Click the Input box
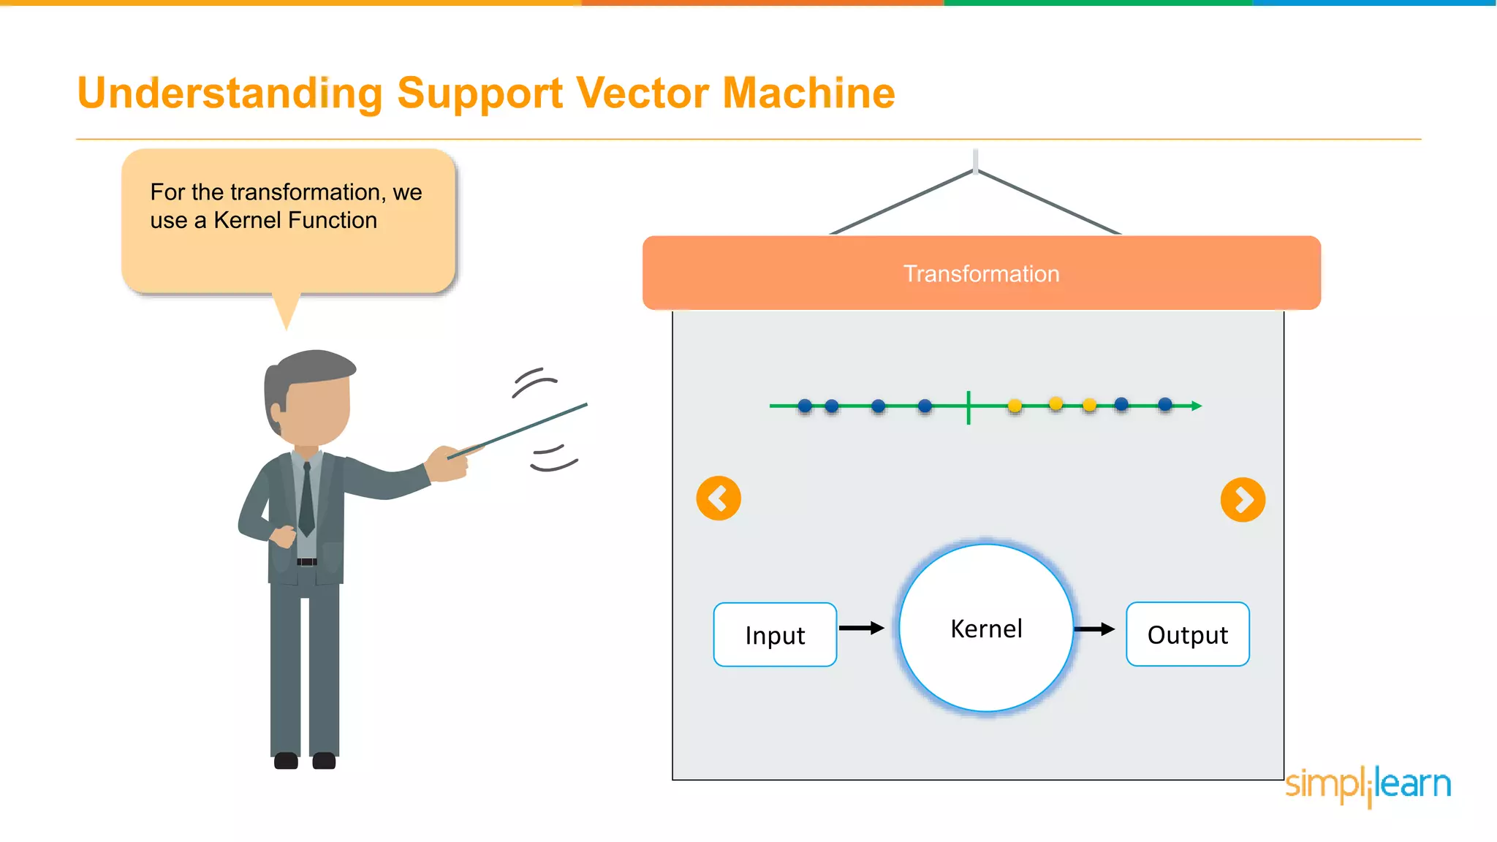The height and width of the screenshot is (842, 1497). pos(775,634)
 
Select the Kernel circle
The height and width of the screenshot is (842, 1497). pos(986,629)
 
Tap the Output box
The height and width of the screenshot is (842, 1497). pos(1187,634)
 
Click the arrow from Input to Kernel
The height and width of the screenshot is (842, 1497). pos(862,628)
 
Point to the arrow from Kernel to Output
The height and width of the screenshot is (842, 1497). pos(1094,629)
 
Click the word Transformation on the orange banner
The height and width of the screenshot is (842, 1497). pos(981,273)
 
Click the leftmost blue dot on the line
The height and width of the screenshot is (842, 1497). pos(805,406)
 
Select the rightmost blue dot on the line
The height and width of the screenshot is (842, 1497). pos(1165,404)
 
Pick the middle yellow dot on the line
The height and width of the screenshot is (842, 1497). pos(1056,403)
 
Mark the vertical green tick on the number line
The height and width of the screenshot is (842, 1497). pos(969,407)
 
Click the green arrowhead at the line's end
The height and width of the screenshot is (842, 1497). pos(1197,406)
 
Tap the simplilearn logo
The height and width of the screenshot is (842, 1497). pos(1368,784)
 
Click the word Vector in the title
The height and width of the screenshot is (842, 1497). pos(643,93)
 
